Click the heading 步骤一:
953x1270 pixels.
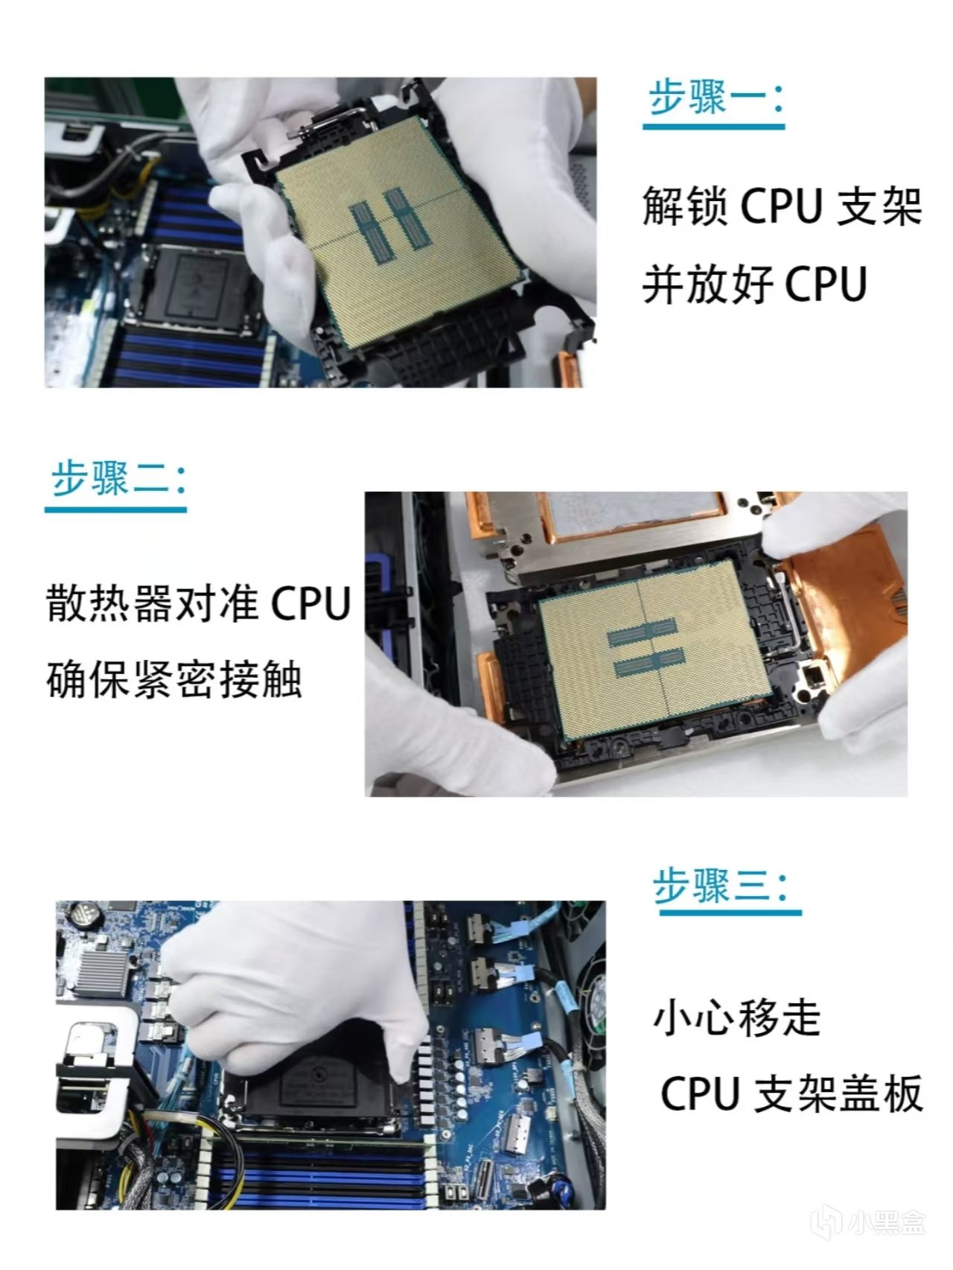tap(715, 98)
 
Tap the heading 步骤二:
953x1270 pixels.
tap(118, 478)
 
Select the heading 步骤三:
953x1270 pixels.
tap(720, 885)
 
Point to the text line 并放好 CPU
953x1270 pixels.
tap(755, 284)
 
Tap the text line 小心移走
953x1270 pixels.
tap(737, 1017)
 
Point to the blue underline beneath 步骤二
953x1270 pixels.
tap(115, 509)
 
